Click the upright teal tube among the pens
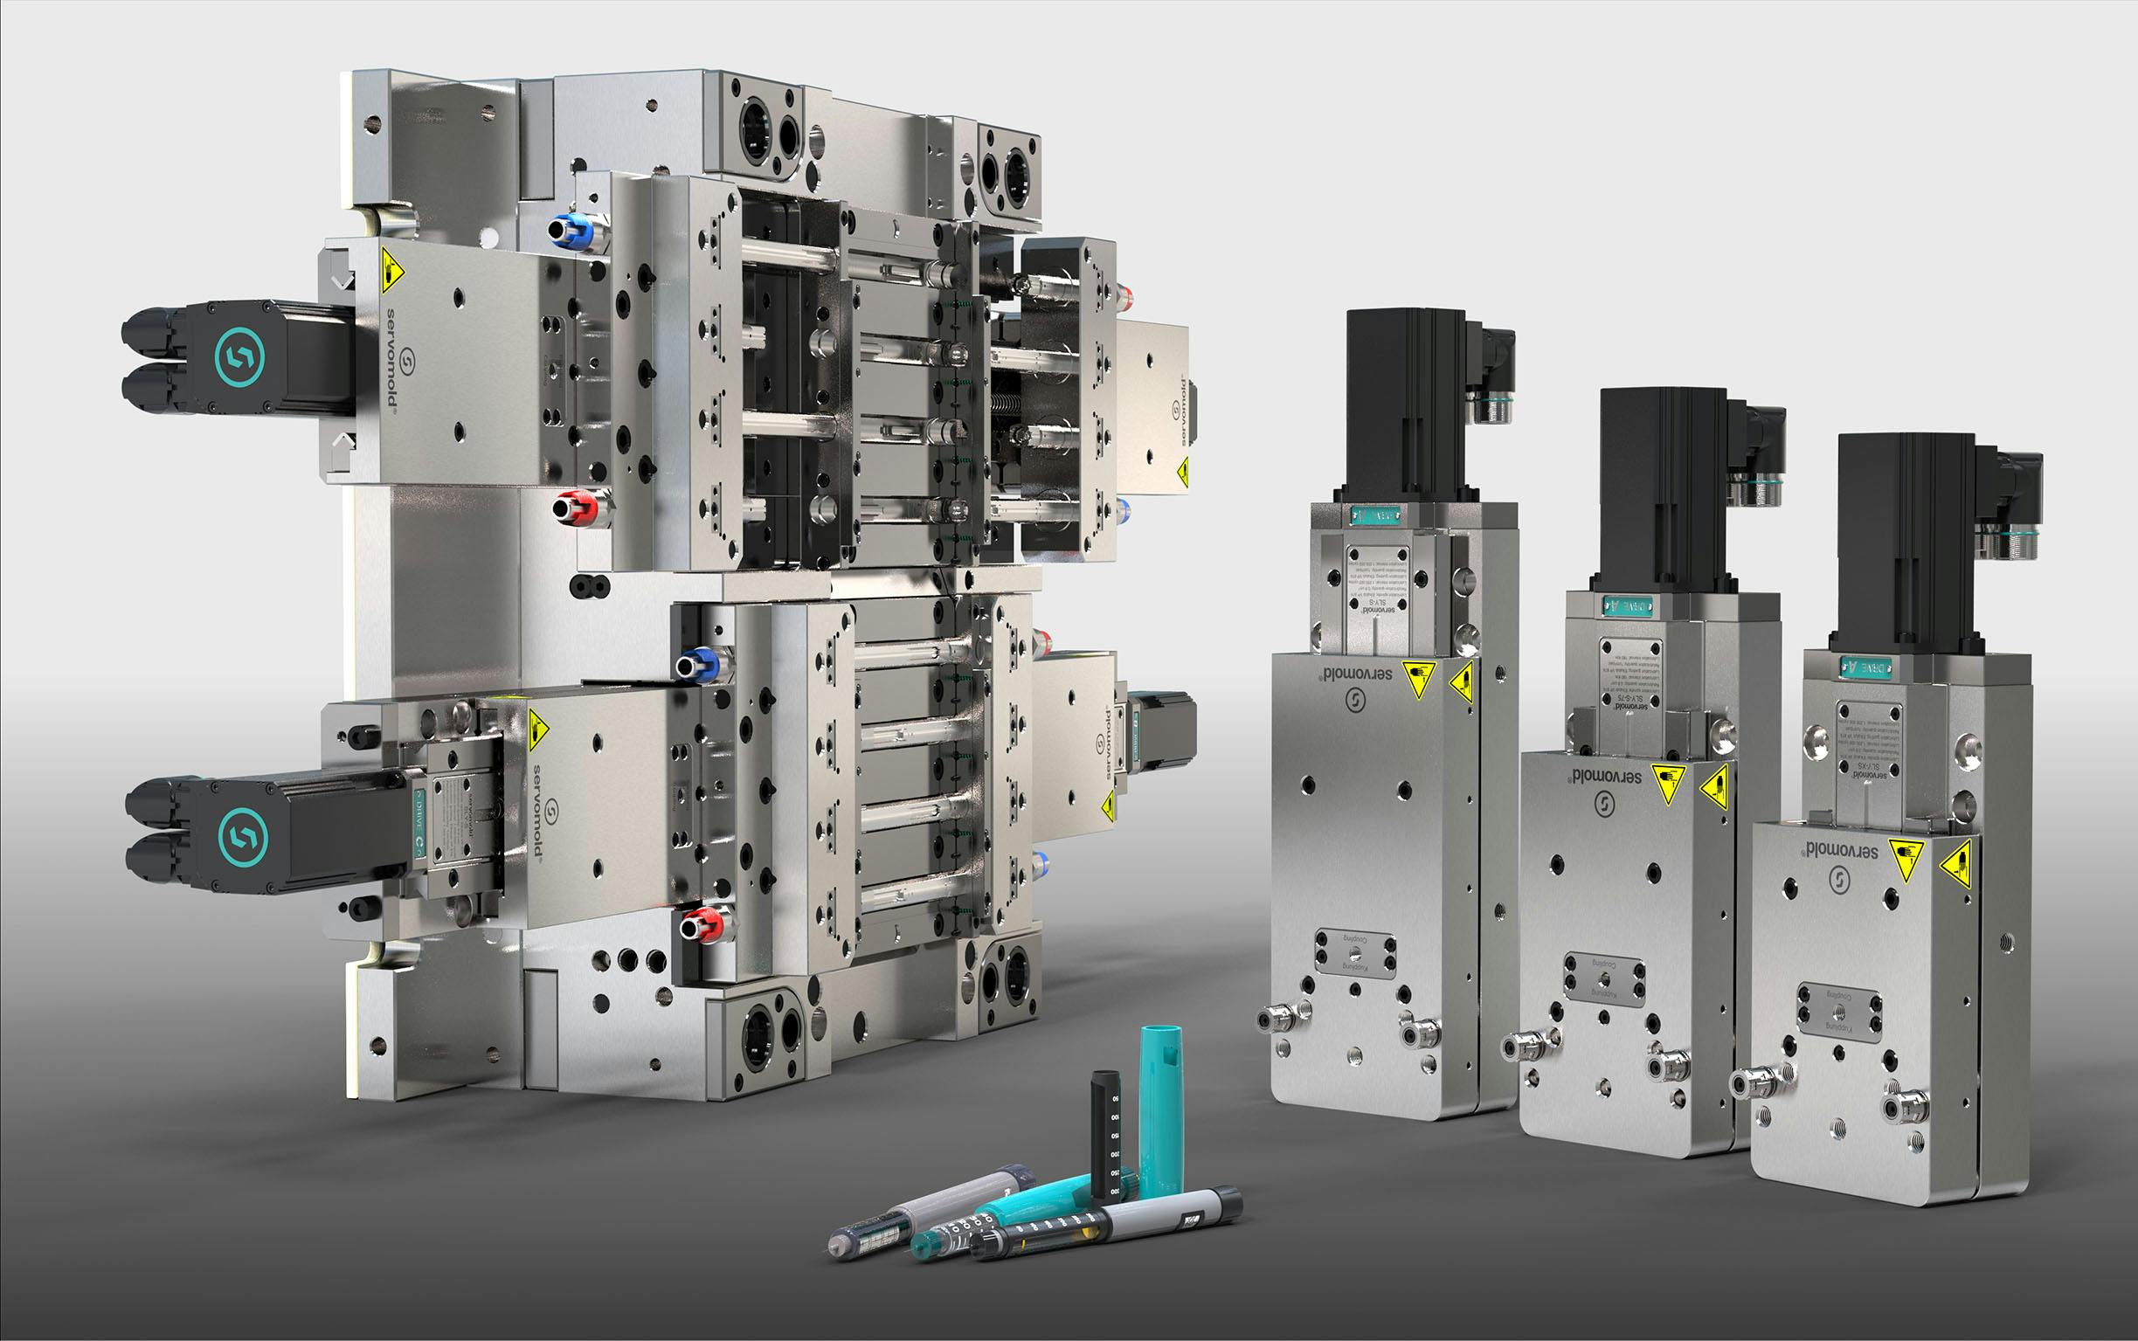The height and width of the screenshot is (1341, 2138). tap(1160, 1109)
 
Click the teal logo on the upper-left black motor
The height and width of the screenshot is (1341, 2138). tap(239, 356)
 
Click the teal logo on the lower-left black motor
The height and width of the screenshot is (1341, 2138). tap(242, 836)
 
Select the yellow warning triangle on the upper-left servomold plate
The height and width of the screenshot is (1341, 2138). tap(391, 271)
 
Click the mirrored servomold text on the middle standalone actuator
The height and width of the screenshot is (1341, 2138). tap(1606, 776)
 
